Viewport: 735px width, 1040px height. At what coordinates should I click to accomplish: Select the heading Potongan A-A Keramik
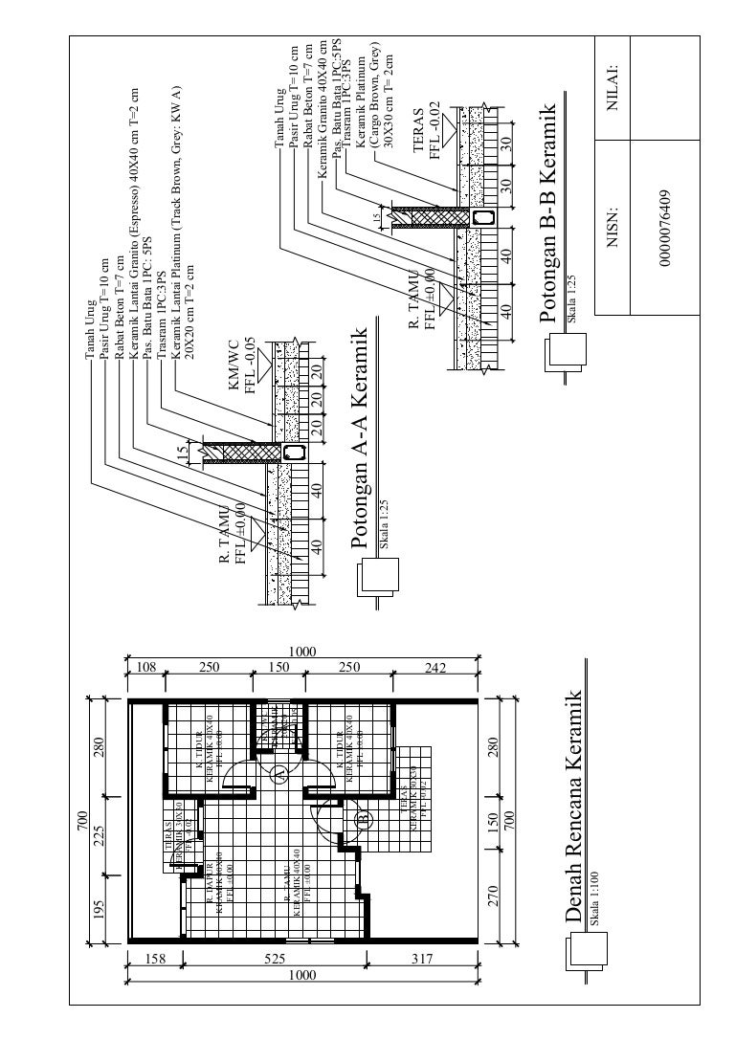pyautogui.click(x=360, y=439)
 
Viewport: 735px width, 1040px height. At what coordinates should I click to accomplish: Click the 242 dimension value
pyautogui.click(x=435, y=667)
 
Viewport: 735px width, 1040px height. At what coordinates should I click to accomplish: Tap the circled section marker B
pyautogui.click(x=363, y=819)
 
